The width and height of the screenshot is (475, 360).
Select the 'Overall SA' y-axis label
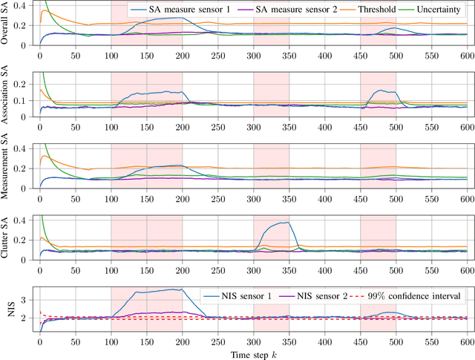(7, 24)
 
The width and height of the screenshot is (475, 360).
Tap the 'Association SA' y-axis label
(7, 96)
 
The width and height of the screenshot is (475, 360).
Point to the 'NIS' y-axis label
(7, 309)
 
